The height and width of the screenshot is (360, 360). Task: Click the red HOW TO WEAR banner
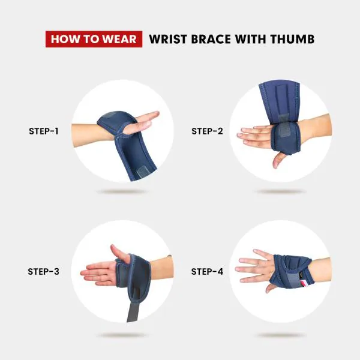point(94,40)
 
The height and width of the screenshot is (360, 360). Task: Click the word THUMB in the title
point(292,40)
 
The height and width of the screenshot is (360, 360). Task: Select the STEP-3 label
point(44,271)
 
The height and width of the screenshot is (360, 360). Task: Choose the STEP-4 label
point(207,271)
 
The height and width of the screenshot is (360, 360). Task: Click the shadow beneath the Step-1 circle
point(122,192)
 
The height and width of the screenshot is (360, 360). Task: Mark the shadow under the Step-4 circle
point(280,334)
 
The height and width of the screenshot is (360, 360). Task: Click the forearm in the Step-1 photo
point(90,130)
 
